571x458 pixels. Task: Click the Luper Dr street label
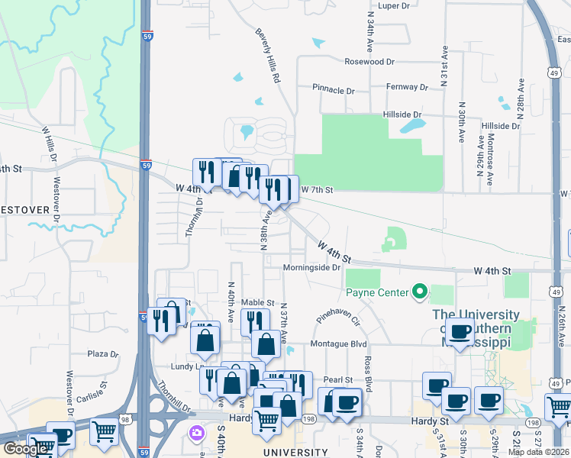pos(394,5)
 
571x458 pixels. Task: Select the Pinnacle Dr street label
pos(334,90)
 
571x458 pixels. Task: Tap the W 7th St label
pos(318,189)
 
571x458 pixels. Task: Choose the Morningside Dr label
pos(311,268)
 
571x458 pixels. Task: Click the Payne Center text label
pos(376,291)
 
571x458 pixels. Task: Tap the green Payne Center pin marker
pos(418,291)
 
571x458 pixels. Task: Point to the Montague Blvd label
pos(338,345)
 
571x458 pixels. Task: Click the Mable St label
pos(257,303)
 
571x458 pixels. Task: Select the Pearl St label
pos(338,379)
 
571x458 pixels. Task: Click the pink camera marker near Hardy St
pos(197,433)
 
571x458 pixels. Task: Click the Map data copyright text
pos(539,452)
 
